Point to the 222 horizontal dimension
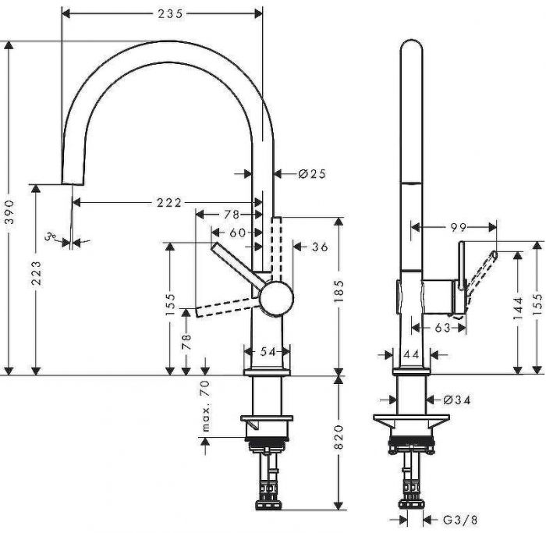(x=168, y=203)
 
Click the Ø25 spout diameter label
(x=311, y=174)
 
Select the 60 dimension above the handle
(x=236, y=233)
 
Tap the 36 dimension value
(x=319, y=247)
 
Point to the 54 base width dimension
(x=268, y=353)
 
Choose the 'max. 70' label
(x=207, y=407)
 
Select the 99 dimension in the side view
(x=458, y=227)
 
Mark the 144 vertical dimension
(x=519, y=313)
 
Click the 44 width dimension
(x=411, y=354)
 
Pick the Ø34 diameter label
(x=457, y=400)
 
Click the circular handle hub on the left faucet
(x=277, y=299)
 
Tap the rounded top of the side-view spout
(x=411, y=47)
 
